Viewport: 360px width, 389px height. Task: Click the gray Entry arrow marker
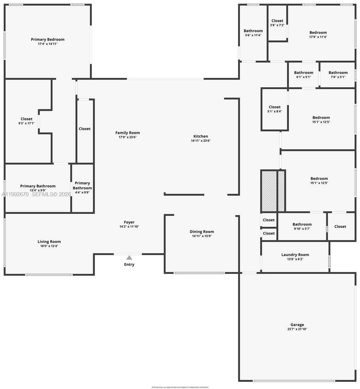[x=129, y=258]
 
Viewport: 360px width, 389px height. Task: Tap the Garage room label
[x=297, y=324]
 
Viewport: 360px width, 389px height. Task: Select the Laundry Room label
[x=295, y=255]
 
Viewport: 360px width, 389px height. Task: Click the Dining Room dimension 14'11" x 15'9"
[x=202, y=236]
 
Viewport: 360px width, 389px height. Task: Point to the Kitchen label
[x=201, y=136]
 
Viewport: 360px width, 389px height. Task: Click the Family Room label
[x=127, y=133]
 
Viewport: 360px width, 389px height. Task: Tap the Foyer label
[x=129, y=222]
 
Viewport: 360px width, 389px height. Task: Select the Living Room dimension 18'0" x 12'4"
[x=49, y=246]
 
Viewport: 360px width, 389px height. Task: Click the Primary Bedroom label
[x=48, y=40]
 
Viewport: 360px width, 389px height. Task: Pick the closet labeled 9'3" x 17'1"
[x=27, y=121]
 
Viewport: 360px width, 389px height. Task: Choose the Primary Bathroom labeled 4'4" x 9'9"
[x=82, y=188]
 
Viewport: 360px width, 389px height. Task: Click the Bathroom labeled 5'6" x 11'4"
[x=253, y=33]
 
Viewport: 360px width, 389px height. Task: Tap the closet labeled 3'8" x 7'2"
[x=277, y=23]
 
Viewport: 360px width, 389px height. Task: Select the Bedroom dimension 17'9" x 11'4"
[x=318, y=37]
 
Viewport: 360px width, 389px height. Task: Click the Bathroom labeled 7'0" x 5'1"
[x=338, y=75]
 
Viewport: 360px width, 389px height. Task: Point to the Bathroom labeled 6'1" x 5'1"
[x=304, y=75]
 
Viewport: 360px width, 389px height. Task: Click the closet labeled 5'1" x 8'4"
[x=274, y=109]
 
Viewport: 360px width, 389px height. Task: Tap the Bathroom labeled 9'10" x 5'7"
[x=302, y=226]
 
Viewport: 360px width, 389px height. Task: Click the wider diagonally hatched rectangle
[x=269, y=191]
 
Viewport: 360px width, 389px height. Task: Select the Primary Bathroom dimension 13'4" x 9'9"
[x=38, y=191]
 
